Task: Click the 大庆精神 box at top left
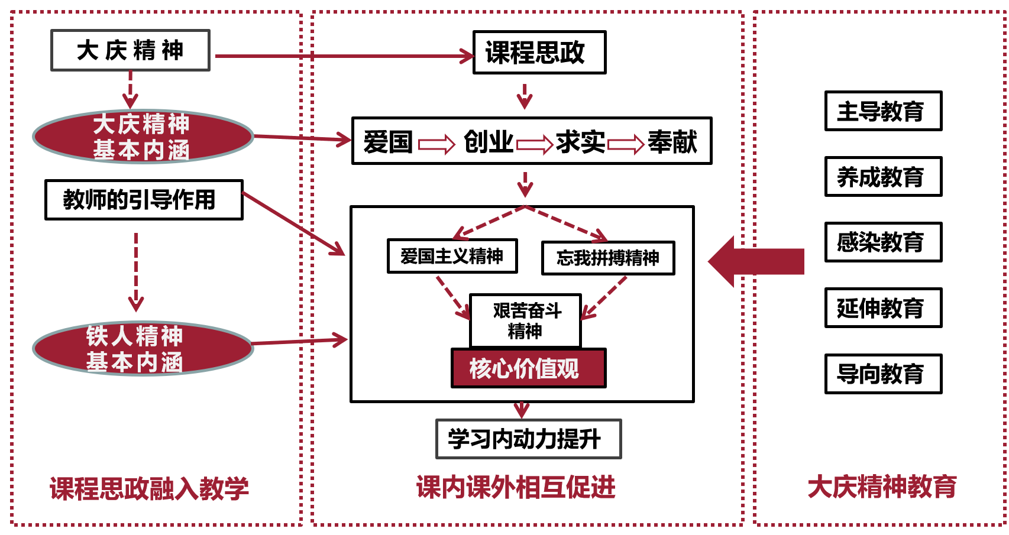coord(130,50)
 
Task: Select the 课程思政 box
coord(539,53)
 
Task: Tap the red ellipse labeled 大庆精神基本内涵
coord(143,137)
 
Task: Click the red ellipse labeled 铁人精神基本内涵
coord(143,349)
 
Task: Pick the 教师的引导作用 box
coord(144,200)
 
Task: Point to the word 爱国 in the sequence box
coord(388,142)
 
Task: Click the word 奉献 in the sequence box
coord(672,142)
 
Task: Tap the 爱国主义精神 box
coord(452,256)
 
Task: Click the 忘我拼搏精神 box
coord(607,258)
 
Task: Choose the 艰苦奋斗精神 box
coord(525,320)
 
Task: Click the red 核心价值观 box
coord(528,368)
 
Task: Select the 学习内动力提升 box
coord(528,439)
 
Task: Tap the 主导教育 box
coord(883,111)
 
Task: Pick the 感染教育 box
coord(883,242)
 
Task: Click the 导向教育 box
coord(883,374)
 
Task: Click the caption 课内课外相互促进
coord(516,487)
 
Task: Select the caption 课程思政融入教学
coord(149,489)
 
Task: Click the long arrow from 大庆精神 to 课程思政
coord(343,56)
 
